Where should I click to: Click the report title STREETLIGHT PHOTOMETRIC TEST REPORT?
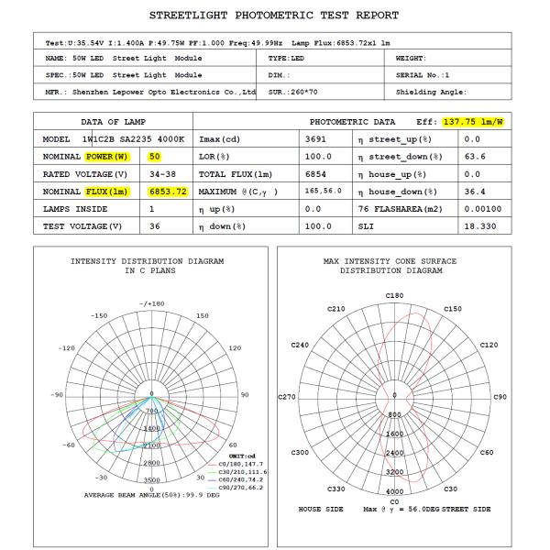pyautogui.click(x=274, y=15)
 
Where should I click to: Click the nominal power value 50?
pyautogui.click(x=155, y=156)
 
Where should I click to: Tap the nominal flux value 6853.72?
pyautogui.click(x=168, y=191)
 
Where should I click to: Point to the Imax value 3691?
pyautogui.click(x=317, y=138)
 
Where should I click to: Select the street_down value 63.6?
pyautogui.click(x=472, y=156)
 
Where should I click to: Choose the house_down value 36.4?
pyautogui.click(x=472, y=191)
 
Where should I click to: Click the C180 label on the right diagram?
pyautogui.click(x=395, y=295)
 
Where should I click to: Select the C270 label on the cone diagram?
pyautogui.click(x=287, y=397)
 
